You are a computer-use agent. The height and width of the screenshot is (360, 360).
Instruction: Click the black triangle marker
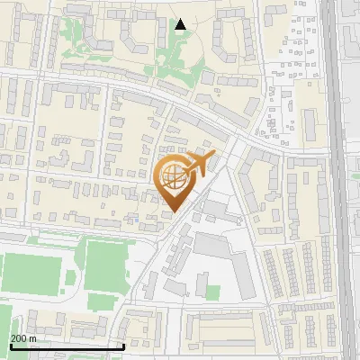coord(181,24)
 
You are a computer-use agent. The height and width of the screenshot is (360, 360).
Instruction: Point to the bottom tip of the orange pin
coord(175,211)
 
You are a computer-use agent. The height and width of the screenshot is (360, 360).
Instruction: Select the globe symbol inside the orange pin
coord(173,177)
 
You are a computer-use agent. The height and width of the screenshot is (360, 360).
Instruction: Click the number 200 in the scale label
coord(19,337)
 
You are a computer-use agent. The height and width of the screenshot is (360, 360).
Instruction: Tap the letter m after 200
coord(33,337)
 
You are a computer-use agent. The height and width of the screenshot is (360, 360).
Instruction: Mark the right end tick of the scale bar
coord(123,345)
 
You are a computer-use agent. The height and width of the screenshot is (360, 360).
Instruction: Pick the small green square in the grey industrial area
coord(212,293)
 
